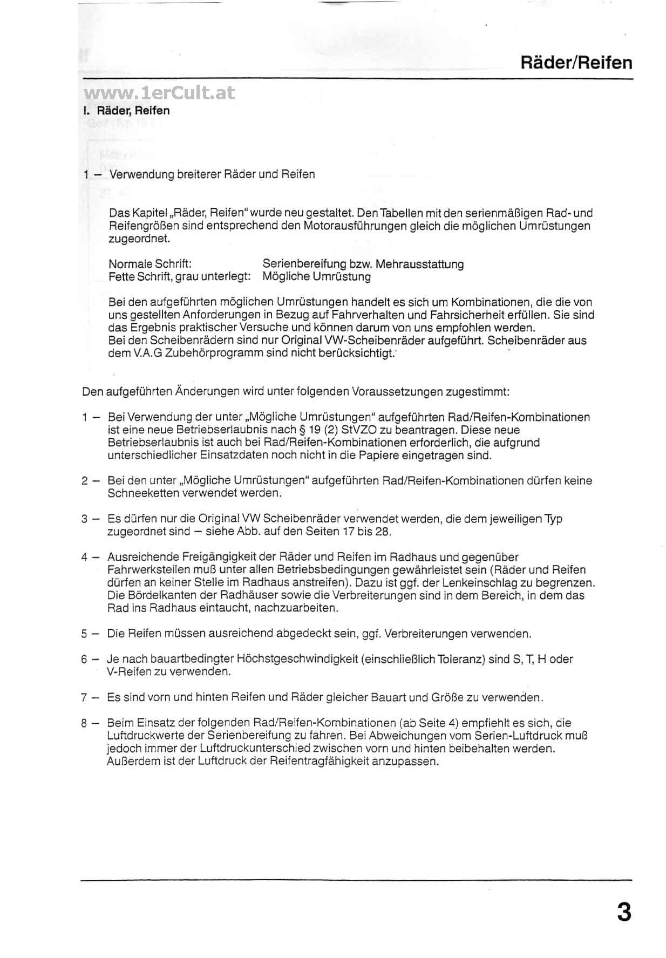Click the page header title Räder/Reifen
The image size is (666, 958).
coord(576,63)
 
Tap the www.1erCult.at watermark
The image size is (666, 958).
coord(160,93)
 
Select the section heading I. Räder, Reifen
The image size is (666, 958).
coord(126,111)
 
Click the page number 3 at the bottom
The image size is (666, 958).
coord(623,912)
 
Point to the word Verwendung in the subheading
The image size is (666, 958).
coord(142,174)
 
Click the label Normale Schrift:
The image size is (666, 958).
coord(150,264)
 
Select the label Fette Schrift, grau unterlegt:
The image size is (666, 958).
coord(179,277)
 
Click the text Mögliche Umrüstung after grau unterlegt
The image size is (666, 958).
coord(317,277)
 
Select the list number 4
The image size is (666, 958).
coord(84,558)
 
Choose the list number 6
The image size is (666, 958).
coord(84,660)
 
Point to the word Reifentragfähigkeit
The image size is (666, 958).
coord(315,762)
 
